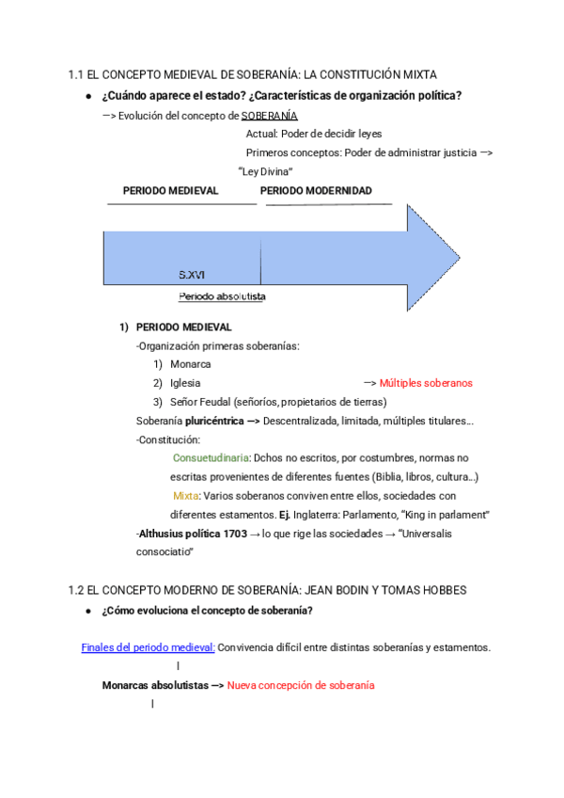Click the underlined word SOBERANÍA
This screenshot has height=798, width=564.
coord(270,116)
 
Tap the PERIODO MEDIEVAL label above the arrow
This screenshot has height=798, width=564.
coord(170,190)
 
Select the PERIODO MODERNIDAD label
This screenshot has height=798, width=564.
coord(316,190)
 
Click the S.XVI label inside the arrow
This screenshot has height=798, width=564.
coord(192,275)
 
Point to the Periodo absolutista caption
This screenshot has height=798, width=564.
coord(222,296)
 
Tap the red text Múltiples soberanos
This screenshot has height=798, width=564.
coord(426,383)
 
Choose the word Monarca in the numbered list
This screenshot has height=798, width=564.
coord(191,364)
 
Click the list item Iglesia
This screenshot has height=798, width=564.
coord(185,383)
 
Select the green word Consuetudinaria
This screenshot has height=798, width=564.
coord(211,457)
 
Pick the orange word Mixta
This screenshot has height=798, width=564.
coord(185,495)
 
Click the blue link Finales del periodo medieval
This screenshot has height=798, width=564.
coord(149,647)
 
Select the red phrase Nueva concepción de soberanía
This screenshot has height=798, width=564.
coord(301,685)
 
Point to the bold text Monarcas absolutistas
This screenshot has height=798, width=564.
coord(155,685)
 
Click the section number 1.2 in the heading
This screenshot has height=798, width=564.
coord(76,590)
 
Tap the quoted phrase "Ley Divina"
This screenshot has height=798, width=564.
coord(267,171)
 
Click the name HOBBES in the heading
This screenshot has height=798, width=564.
coord(445,590)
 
